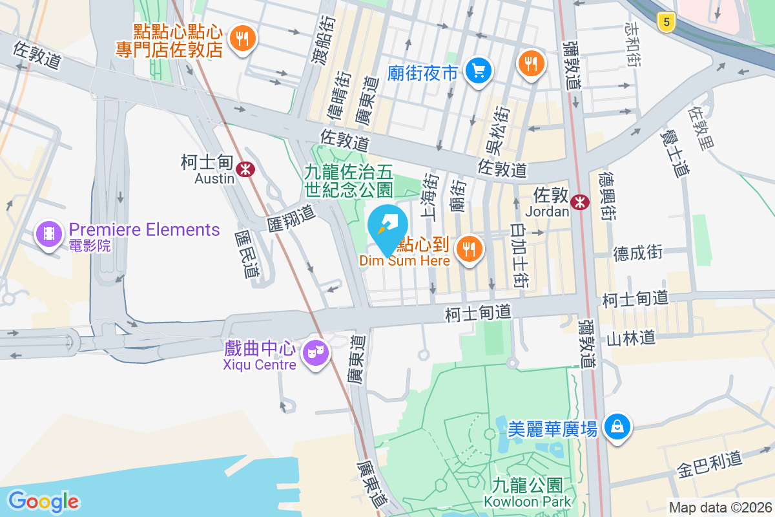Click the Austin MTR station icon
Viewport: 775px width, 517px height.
[245, 169]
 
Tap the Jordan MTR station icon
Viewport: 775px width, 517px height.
[580, 202]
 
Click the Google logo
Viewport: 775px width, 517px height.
[43, 501]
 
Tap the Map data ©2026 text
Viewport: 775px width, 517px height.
[720, 508]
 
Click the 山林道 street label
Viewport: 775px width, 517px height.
[631, 337]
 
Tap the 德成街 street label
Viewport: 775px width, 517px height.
[637, 253]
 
